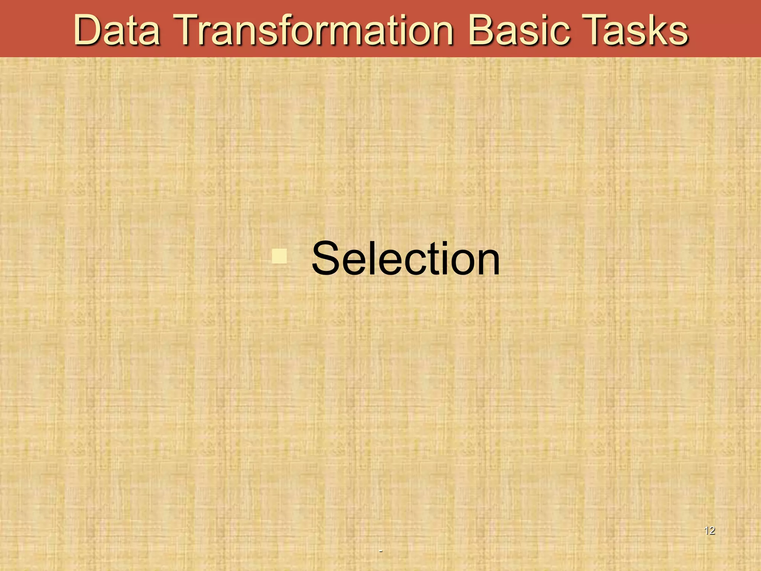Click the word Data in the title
point(117,30)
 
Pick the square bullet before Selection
point(279,256)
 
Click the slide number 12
point(709,530)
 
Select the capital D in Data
point(88,30)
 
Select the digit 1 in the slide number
point(706,530)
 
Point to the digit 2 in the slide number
point(712,530)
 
